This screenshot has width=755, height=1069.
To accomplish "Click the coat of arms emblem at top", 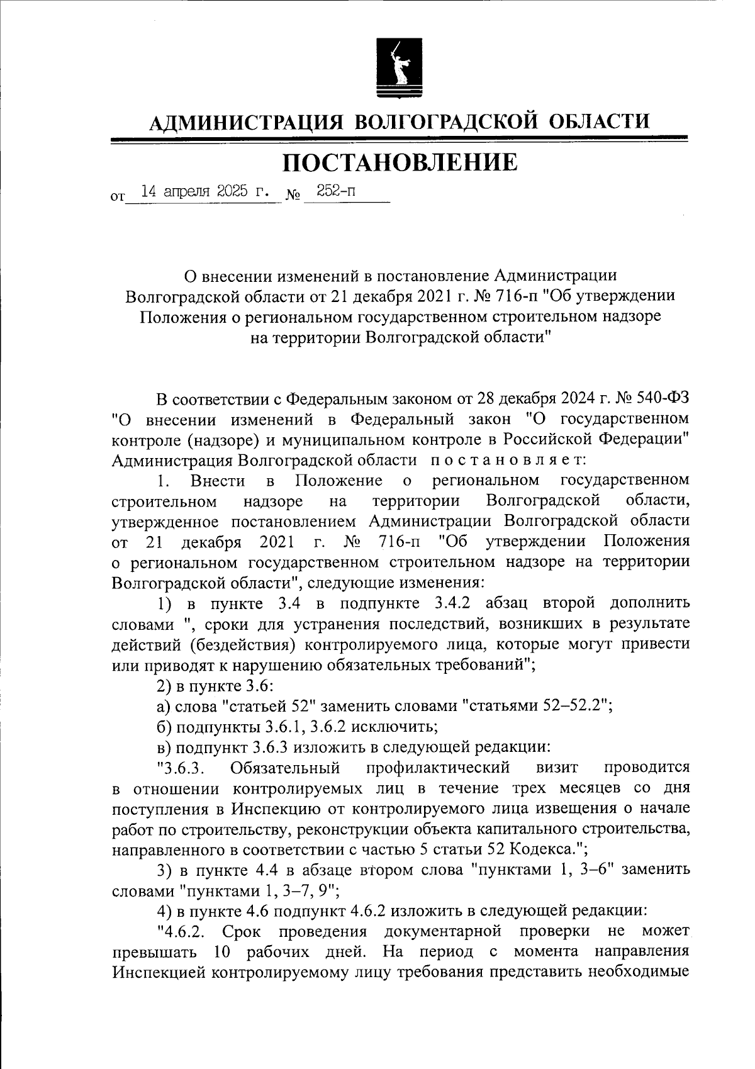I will pyautogui.click(x=399, y=67).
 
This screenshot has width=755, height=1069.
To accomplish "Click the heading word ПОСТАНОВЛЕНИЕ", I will pyautogui.click(x=400, y=163).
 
